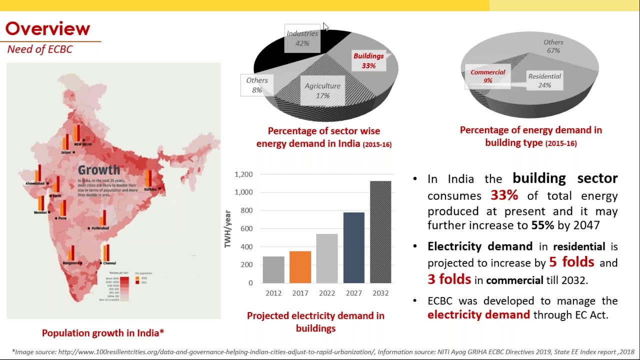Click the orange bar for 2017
(x=300, y=267)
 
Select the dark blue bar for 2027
(x=353, y=247)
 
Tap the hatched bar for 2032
(x=380, y=232)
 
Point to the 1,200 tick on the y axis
(x=244, y=174)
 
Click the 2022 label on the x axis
(x=327, y=293)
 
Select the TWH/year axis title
(x=228, y=229)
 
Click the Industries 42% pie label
(x=302, y=38)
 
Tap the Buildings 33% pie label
(x=368, y=60)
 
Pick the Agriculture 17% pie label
(x=322, y=90)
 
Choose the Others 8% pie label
(x=257, y=85)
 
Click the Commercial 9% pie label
(x=487, y=76)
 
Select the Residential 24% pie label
(x=544, y=80)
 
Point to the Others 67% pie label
(x=553, y=46)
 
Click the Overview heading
(x=47, y=28)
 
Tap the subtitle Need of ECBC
(x=40, y=49)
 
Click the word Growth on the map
(x=99, y=170)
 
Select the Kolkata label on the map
(x=150, y=189)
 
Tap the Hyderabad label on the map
(x=100, y=228)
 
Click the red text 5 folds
(x=571, y=262)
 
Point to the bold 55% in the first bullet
(x=542, y=225)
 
